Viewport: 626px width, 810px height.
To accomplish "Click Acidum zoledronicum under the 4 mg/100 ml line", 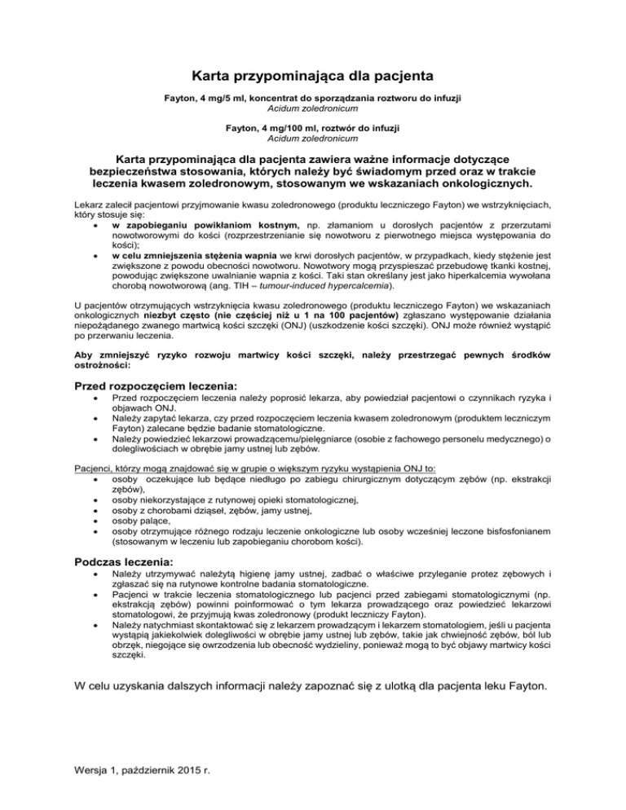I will tap(313, 138).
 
